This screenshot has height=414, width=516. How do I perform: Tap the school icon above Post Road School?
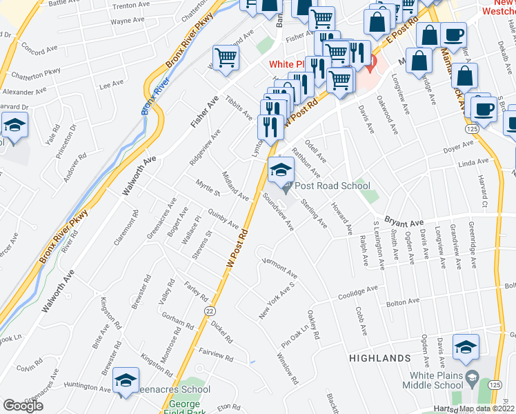coord(281,169)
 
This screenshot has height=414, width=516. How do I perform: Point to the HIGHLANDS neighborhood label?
coord(379,359)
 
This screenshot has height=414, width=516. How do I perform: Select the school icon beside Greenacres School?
coord(126,380)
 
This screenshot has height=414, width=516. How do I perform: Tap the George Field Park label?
coord(184,407)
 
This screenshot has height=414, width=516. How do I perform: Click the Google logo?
coord(23,406)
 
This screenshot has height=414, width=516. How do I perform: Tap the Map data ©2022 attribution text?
coord(486,408)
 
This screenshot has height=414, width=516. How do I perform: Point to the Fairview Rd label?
coord(216,355)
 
